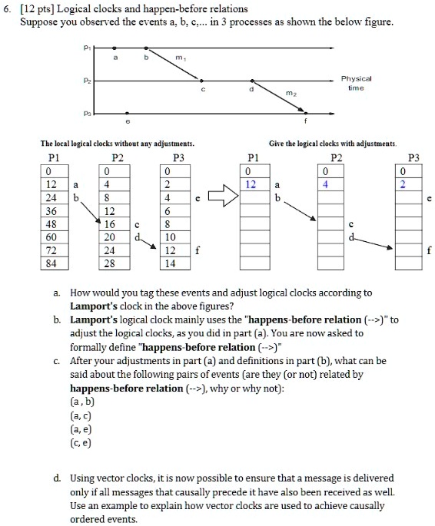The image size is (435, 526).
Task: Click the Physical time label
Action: (x=357, y=82)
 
